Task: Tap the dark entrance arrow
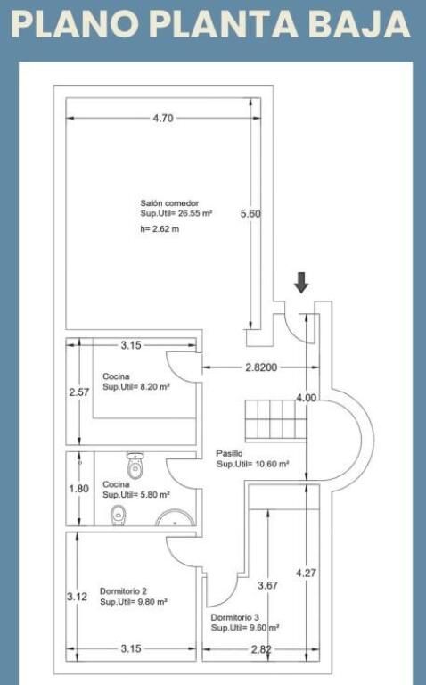click(x=301, y=282)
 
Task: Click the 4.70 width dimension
click(x=163, y=118)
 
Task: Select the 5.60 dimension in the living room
click(x=250, y=214)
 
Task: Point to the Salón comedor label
click(x=169, y=203)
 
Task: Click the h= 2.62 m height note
click(x=160, y=229)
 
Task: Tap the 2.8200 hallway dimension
click(x=261, y=367)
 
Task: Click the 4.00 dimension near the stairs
click(x=306, y=398)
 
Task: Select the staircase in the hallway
click(x=276, y=421)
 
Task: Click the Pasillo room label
click(x=229, y=453)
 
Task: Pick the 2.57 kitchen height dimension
click(x=79, y=392)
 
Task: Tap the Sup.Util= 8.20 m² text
click(x=136, y=386)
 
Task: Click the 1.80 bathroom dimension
click(x=79, y=489)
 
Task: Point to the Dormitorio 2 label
click(x=124, y=591)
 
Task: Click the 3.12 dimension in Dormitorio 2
click(x=78, y=597)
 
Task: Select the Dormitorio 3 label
click(x=234, y=617)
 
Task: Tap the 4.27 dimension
click(x=306, y=573)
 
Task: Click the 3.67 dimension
click(x=267, y=585)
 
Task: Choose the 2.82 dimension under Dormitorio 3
click(x=261, y=649)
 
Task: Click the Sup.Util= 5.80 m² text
click(x=136, y=494)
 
